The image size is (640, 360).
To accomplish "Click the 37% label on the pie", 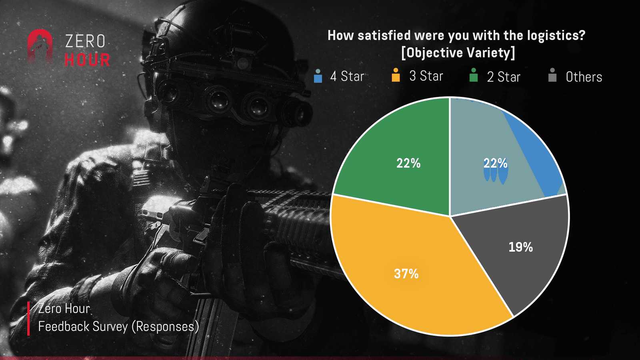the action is (x=406, y=274).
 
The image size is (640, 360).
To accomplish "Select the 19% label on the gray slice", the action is (x=520, y=247).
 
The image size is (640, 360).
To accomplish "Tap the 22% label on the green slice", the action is (x=408, y=163).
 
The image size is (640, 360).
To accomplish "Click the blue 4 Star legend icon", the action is (x=318, y=76).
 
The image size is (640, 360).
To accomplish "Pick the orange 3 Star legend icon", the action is (x=396, y=75).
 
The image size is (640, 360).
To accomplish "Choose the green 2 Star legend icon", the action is (x=474, y=75).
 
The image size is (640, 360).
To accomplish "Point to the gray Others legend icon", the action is (x=552, y=75).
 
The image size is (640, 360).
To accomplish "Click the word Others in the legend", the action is (x=584, y=77).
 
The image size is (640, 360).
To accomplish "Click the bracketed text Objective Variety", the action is (x=458, y=52).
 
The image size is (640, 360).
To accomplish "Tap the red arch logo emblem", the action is (x=40, y=48).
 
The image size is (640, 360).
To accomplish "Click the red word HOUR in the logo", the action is (x=87, y=60).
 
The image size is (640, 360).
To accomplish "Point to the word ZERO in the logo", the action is (x=85, y=41).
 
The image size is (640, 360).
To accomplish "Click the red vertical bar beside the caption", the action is (x=28, y=318).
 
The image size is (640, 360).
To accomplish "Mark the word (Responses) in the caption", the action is (x=165, y=326).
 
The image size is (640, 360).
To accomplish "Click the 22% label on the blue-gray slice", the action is (x=496, y=163).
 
